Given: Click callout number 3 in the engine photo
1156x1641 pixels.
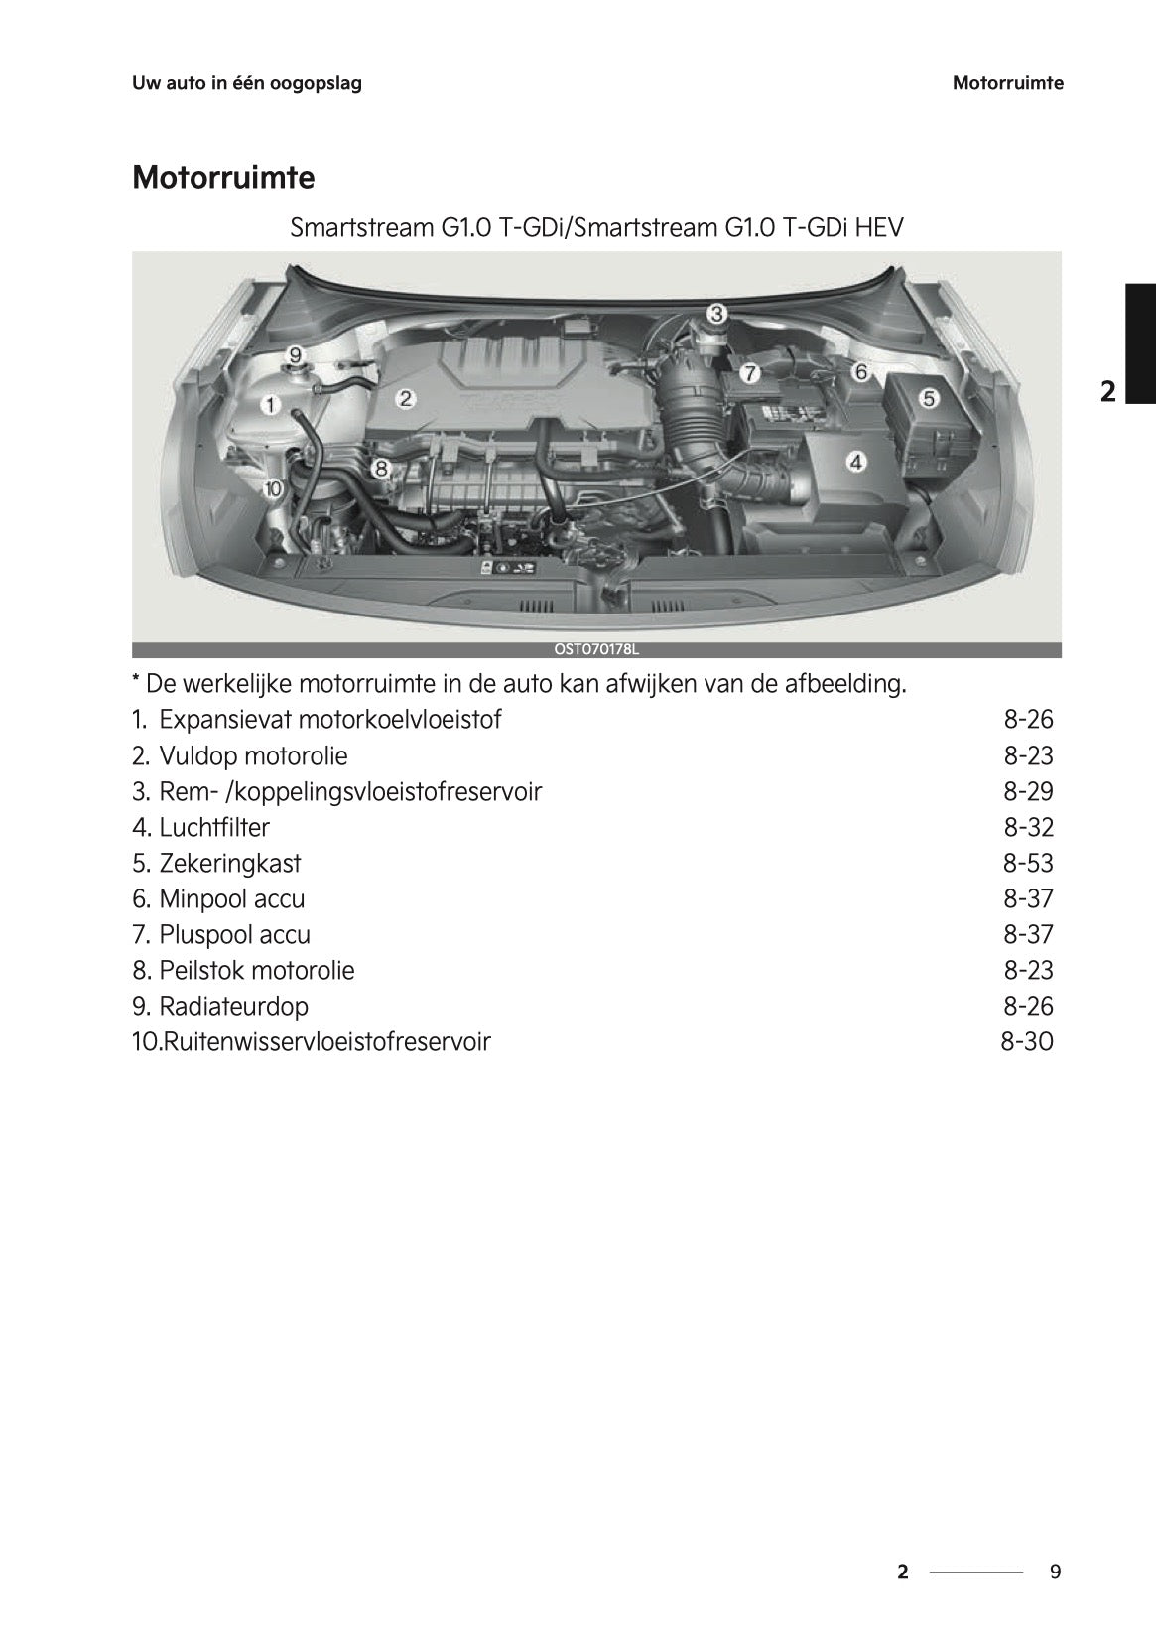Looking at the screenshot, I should tap(716, 314).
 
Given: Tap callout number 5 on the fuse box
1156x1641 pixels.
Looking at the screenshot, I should tap(929, 398).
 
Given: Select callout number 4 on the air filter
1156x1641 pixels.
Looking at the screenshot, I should tap(855, 461).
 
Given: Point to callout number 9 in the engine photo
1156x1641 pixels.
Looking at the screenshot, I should tap(295, 354).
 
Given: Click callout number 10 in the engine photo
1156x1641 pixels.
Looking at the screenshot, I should tap(273, 488).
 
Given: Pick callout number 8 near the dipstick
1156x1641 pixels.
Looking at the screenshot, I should tap(381, 468).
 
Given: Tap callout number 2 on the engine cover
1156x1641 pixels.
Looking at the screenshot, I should tap(405, 399).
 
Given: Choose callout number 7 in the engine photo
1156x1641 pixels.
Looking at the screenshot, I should tap(751, 373).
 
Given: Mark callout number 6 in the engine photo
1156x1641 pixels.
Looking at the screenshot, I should tap(860, 372).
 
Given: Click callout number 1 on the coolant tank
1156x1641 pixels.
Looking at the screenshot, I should tap(269, 404).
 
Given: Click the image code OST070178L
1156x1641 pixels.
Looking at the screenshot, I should tap(596, 650).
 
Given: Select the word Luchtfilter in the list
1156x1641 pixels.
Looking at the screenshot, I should tap(214, 827).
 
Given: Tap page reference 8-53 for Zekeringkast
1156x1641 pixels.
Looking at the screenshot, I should tap(1028, 863).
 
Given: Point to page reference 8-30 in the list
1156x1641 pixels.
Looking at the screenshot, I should tap(1026, 1041).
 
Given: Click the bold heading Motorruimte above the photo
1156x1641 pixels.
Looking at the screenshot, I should tap(223, 179).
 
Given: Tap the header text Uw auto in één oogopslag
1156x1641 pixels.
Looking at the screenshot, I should tap(247, 83).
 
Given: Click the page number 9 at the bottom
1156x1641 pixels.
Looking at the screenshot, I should tap(1055, 1572).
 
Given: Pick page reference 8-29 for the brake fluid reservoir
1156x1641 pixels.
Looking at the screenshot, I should tap(1028, 791).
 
